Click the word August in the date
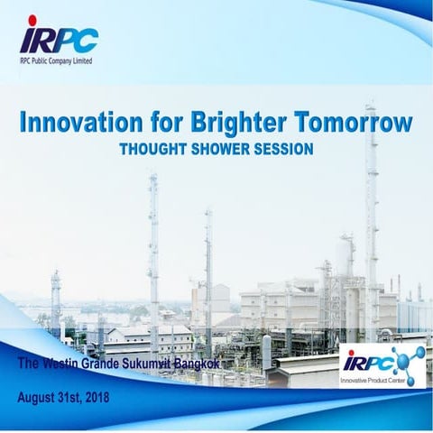pyautogui.click(x=41, y=397)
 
